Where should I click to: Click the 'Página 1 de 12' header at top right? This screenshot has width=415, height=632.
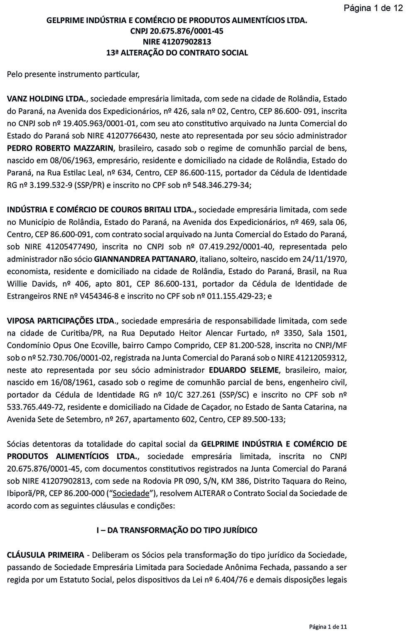(x=373, y=8)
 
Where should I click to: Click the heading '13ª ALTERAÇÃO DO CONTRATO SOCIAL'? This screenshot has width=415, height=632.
(x=177, y=53)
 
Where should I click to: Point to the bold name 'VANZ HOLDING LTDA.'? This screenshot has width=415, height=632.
(x=47, y=99)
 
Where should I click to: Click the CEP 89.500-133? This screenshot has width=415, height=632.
(x=263, y=419)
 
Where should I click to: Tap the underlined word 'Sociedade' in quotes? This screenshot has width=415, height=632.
(x=131, y=493)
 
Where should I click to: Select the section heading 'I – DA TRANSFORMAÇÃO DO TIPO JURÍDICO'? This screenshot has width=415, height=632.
(x=177, y=530)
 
